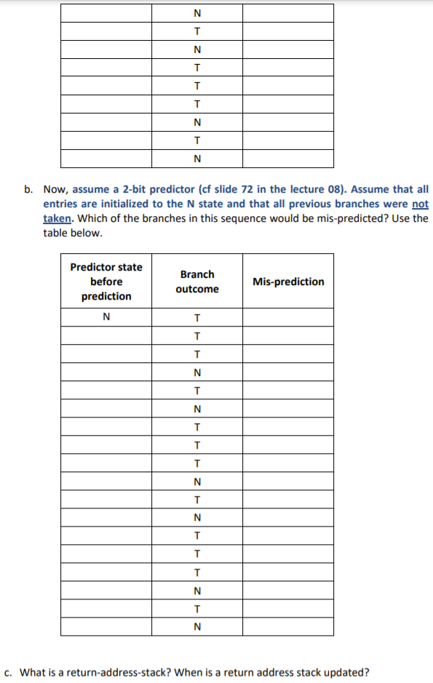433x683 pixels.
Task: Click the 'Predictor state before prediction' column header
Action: coord(106,281)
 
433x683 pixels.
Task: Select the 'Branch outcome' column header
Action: coord(197,281)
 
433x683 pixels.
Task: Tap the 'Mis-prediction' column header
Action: coord(288,281)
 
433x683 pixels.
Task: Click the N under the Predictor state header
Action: coord(106,317)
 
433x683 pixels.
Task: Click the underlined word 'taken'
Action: coord(56,219)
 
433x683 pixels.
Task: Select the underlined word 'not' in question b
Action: coord(420,204)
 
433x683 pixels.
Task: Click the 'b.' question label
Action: coord(28,190)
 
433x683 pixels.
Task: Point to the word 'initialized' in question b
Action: coord(106,204)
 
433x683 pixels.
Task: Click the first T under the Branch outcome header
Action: coord(197,317)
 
